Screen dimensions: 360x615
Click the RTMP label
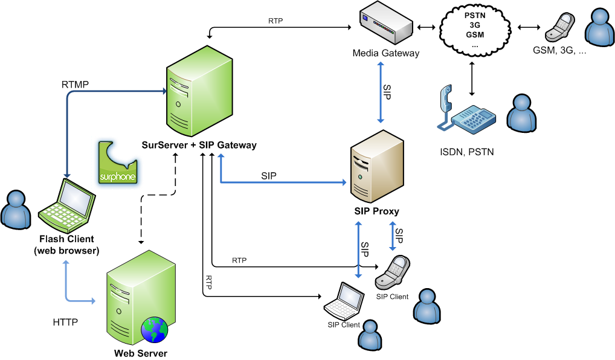76,83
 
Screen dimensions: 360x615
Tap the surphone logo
118,163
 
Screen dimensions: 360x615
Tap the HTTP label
65,323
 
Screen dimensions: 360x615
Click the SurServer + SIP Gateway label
199,145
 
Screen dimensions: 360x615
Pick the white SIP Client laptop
345,301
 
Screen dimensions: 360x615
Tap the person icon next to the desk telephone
520,113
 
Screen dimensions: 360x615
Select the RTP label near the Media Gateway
275,21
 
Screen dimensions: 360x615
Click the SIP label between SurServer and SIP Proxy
269,176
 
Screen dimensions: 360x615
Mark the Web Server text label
141,353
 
